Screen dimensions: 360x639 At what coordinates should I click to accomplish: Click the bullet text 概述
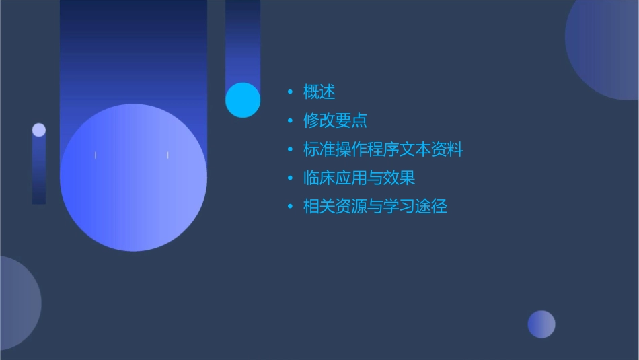319,92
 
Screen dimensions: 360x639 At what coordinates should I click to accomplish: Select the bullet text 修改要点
335,121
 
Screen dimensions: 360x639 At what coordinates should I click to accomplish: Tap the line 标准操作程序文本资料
383,149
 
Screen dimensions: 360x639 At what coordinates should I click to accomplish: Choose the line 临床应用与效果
359,178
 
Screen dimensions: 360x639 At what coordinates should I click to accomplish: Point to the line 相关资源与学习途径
375,207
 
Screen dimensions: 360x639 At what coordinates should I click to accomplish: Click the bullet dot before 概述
290,92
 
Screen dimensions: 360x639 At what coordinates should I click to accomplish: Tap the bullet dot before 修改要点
290,121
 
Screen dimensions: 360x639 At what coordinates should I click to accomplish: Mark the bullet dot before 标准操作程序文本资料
290,149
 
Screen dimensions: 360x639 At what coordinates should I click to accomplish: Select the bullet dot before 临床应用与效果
290,178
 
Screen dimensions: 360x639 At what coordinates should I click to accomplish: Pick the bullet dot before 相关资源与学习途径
290,207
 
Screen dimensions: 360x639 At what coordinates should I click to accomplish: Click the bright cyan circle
243,100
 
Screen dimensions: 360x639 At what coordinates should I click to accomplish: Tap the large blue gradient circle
133,178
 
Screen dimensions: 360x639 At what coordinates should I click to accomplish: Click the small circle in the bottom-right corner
541,324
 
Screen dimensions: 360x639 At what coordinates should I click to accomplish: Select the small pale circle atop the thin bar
39,130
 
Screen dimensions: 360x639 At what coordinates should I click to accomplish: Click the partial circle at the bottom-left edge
17,303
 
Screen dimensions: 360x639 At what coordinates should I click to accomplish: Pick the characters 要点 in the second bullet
351,121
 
